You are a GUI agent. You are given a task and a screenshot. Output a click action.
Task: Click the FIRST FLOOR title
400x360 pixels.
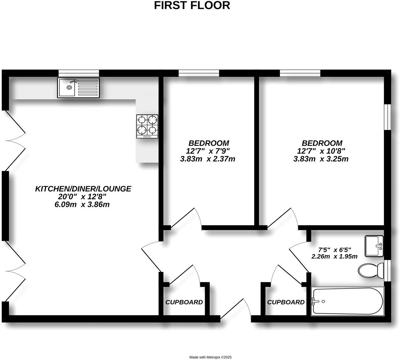tap(192, 6)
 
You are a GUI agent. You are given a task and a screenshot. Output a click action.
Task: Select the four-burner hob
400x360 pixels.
tap(147, 126)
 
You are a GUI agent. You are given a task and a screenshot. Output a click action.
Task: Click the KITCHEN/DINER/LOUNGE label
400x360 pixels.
tap(83, 189)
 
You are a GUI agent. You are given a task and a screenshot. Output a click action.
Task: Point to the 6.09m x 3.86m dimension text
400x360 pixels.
tap(82, 205)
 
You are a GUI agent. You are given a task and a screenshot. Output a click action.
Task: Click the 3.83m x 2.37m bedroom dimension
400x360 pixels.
tap(208, 159)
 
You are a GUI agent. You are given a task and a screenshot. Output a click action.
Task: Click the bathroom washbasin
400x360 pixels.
tap(374, 246)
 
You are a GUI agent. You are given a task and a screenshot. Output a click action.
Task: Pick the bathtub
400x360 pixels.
tap(347, 301)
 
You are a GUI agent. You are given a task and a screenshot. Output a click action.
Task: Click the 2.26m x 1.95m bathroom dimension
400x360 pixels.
tap(334, 256)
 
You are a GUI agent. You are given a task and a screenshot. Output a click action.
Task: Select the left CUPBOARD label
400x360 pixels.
tap(184, 302)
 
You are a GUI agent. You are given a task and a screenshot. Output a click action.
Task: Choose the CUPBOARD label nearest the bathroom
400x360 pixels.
tap(286, 302)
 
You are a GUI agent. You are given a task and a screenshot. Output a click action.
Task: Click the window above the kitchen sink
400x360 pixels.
tap(79, 73)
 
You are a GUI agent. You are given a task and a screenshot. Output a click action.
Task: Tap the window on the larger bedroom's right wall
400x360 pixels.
tap(388, 116)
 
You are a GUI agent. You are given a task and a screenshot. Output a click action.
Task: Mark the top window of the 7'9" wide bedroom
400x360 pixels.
tap(199, 73)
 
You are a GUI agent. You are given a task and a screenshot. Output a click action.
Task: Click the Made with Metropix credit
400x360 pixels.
tap(210, 357)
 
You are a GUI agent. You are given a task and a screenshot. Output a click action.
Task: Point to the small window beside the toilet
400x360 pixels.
tap(388, 270)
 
